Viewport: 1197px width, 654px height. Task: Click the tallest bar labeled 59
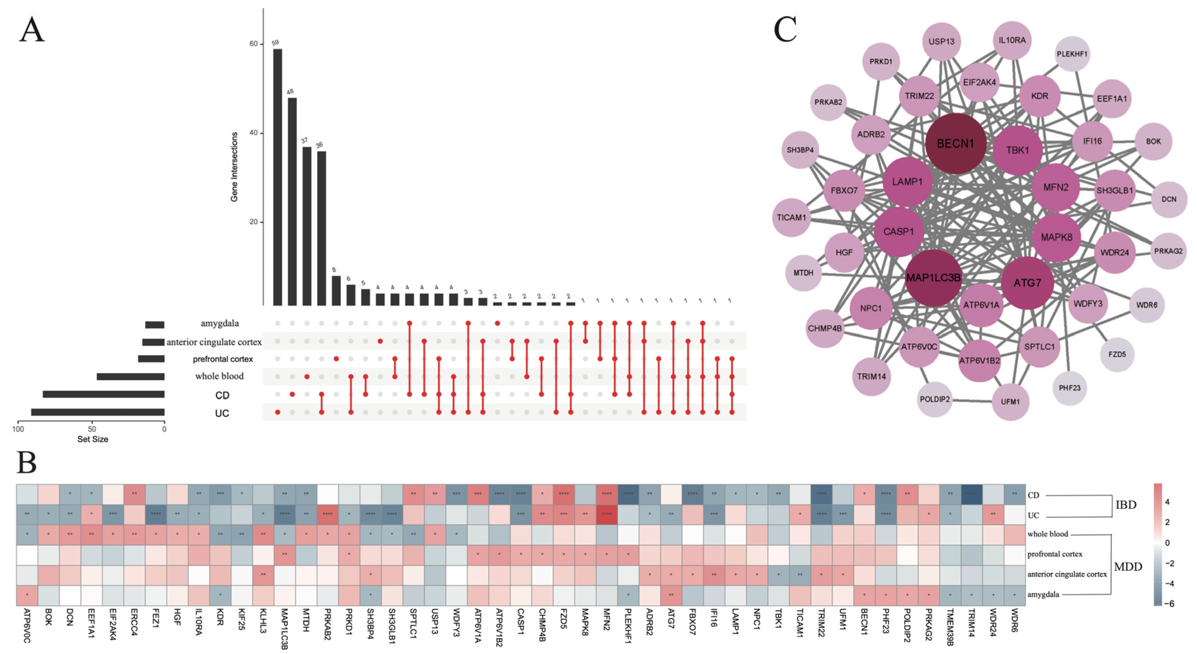click(277, 177)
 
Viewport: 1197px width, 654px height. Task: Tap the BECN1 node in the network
click(955, 144)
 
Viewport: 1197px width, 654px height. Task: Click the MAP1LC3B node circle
click(933, 278)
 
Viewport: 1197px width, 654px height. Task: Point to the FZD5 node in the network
click(1117, 354)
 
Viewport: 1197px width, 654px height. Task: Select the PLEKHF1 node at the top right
click(1072, 54)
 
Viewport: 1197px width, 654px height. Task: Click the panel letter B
click(27, 462)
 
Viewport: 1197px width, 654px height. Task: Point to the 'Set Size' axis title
click(93, 439)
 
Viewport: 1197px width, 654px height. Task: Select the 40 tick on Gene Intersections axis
click(253, 133)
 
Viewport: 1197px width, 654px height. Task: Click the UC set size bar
click(97, 412)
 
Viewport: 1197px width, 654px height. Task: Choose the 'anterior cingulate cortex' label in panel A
click(214, 342)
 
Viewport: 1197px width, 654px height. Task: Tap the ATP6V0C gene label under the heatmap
click(27, 626)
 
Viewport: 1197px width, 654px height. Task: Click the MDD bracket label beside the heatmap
click(1128, 566)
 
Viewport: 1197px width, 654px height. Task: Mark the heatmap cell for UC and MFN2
click(607, 515)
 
